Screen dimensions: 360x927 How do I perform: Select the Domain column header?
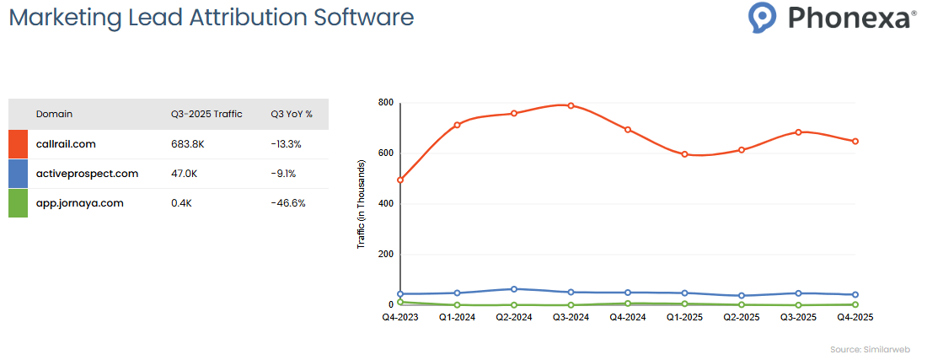[54, 114]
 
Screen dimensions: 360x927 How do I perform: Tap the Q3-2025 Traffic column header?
[206, 114]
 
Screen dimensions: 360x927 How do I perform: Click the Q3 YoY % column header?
[292, 114]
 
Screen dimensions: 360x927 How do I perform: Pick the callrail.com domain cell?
[66, 144]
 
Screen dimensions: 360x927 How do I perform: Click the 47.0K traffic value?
[184, 174]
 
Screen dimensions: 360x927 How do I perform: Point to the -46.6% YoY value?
[288, 203]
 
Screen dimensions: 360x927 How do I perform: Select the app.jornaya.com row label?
[79, 203]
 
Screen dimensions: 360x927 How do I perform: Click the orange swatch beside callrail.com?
[18, 144]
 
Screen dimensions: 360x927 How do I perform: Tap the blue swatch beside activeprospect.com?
[18, 174]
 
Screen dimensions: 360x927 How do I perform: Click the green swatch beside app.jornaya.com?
[18, 203]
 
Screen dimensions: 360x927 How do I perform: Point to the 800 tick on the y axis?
[386, 103]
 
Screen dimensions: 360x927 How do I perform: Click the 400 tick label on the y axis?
[386, 204]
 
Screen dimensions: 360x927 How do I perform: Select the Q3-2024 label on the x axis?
[571, 318]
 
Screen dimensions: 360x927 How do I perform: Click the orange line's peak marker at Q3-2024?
[571, 105]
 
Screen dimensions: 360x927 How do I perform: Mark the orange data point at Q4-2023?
[400, 180]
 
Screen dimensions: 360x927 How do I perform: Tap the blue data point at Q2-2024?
[514, 289]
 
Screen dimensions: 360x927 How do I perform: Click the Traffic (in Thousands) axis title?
[361, 204]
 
